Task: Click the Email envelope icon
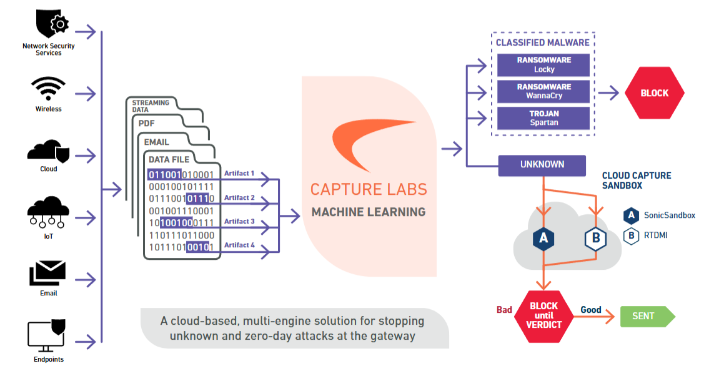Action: coord(48,274)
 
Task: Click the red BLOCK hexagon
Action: coord(654,93)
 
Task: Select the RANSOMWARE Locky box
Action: coord(543,65)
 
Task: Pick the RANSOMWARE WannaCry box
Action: coord(543,91)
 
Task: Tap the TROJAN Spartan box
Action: coord(543,118)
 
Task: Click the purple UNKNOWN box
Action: coord(542,165)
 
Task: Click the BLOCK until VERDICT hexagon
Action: coord(543,316)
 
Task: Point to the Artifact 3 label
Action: coord(239,221)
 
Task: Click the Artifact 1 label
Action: coord(239,173)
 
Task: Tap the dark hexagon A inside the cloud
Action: coord(544,239)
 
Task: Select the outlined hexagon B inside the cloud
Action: coord(595,239)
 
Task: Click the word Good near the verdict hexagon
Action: coord(590,310)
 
